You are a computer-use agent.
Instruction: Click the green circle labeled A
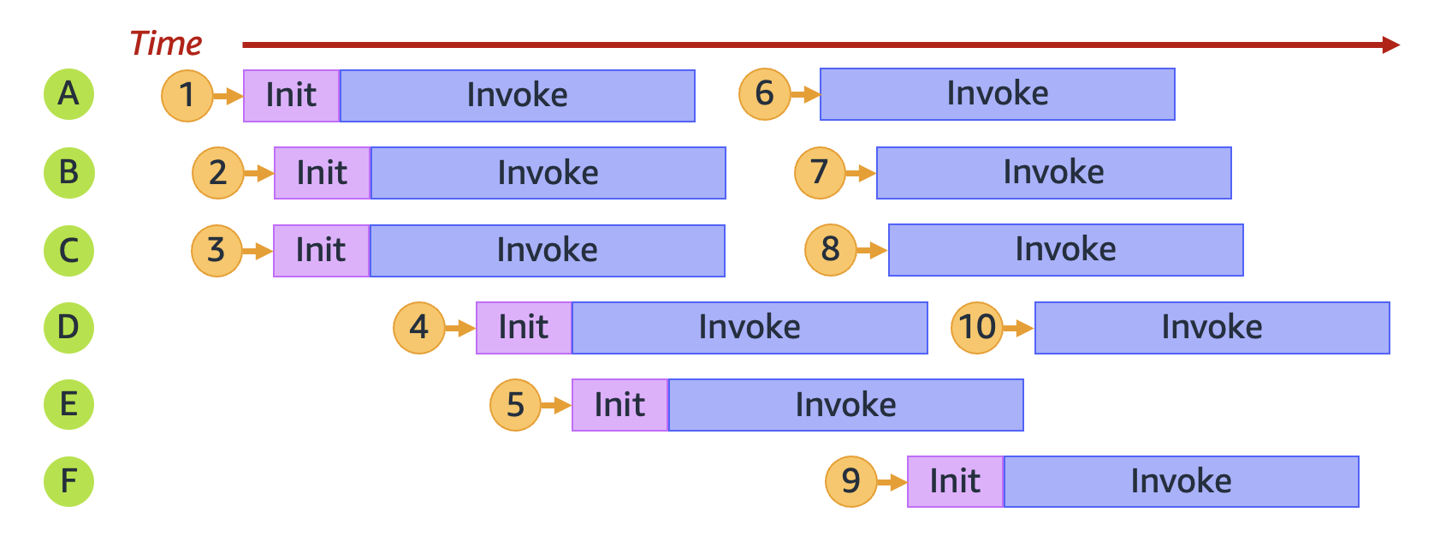tap(68, 94)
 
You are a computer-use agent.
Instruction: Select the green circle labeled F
tap(68, 481)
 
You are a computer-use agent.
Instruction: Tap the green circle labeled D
tap(68, 327)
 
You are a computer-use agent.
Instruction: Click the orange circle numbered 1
tap(187, 95)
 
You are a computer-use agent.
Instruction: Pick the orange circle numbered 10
tap(976, 327)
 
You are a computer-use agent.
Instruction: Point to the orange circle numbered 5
tap(515, 405)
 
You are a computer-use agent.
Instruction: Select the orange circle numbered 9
tap(850, 481)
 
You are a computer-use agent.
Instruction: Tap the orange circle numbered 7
tap(820, 172)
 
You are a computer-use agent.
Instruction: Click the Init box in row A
tap(292, 95)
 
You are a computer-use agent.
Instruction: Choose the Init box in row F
tap(955, 481)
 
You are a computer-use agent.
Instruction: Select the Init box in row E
tap(619, 405)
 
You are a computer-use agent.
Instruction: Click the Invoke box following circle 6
tap(997, 94)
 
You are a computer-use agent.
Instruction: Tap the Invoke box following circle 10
tap(1212, 327)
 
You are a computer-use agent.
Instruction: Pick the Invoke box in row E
tap(845, 405)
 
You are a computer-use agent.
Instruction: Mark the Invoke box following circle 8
tap(1065, 250)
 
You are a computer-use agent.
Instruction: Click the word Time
tap(166, 44)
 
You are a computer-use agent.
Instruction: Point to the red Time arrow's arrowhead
tap(1391, 45)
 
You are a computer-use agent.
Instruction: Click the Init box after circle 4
tap(524, 327)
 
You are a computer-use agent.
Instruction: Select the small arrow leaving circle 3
tap(257, 251)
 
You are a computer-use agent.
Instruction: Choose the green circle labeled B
tap(68, 172)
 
